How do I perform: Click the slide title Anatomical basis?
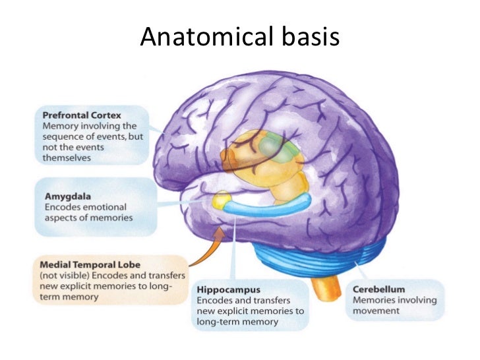[239, 38]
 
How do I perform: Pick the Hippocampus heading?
[228, 289]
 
